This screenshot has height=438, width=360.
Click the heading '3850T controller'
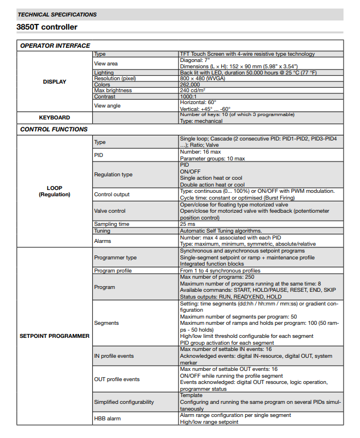47,27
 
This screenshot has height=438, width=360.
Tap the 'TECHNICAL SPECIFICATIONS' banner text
57,14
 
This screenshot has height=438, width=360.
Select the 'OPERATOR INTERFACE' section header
55,46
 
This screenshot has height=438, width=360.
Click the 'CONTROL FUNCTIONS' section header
53,129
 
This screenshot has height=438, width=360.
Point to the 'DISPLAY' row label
55,81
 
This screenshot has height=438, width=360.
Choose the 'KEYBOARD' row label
55,117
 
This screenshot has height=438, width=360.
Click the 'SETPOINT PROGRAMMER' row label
55,336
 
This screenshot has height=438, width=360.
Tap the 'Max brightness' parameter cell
113,90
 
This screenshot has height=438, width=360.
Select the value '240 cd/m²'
193,90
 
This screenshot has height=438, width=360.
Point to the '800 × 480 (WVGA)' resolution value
201,78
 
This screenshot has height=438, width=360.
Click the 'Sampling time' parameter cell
111,224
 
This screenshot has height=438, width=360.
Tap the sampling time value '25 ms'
187,224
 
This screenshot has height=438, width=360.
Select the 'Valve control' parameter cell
110,211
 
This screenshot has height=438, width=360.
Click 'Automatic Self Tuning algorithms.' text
221,230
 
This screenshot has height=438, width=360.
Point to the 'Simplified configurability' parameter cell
124,402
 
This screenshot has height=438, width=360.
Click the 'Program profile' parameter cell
113,271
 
